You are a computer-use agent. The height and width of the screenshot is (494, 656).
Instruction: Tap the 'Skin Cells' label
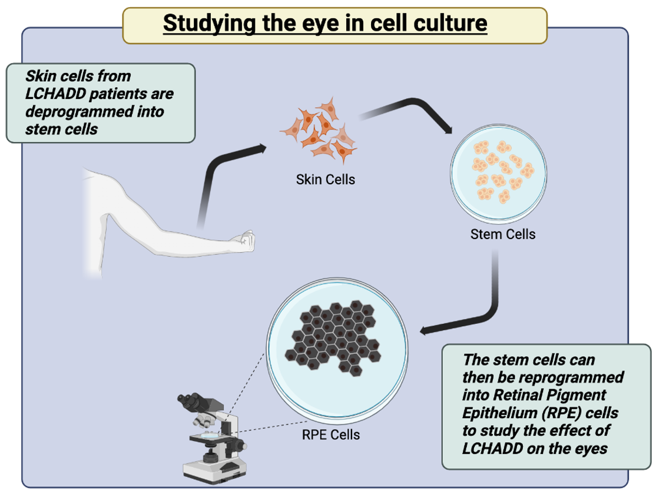(x=325, y=179)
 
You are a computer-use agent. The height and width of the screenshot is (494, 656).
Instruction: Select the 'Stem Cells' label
(x=502, y=234)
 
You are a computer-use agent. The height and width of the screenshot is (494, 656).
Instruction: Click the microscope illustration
(x=211, y=438)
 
